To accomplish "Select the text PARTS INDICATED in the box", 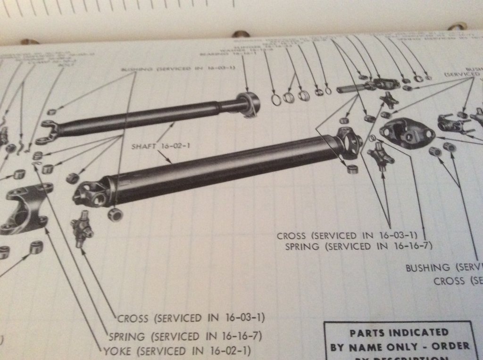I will click(399, 333).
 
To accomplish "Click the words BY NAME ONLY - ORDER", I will click(400, 347).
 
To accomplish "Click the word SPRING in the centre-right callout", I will click(302, 246).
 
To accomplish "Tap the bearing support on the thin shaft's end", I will click(249, 102).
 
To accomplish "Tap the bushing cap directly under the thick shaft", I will click(114, 214).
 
